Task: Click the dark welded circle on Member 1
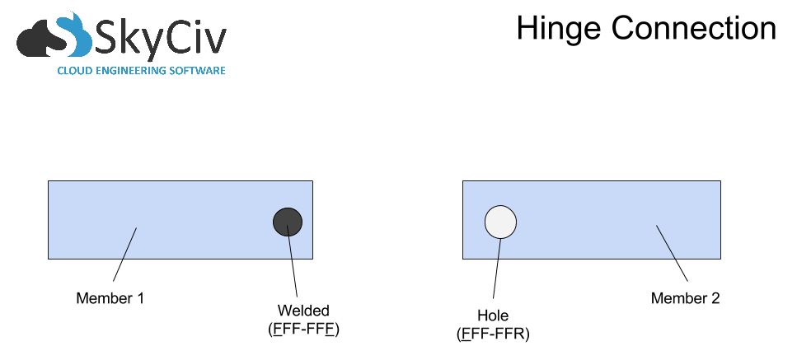288,222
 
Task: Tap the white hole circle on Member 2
500,222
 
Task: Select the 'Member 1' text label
110,298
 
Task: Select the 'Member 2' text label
686,298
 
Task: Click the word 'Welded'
303,311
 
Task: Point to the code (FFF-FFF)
303,330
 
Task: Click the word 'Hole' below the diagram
493,316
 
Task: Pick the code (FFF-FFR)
493,334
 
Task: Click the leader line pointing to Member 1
124,255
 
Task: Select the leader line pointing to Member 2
672,254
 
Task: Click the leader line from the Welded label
293,261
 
